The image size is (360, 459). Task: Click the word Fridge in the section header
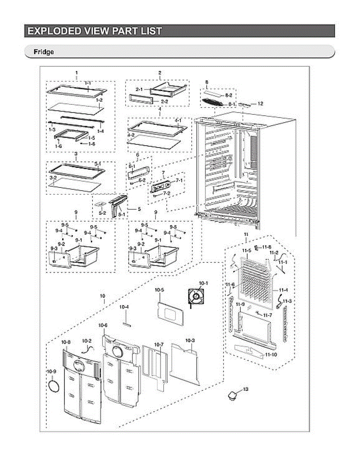click(x=44, y=52)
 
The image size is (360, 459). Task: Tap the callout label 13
click(x=245, y=389)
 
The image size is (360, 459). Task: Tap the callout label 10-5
click(x=159, y=290)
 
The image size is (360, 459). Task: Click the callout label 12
click(x=260, y=103)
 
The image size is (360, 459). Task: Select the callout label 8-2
click(x=229, y=94)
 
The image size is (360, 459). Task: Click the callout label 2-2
click(x=165, y=101)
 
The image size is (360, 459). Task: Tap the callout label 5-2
click(x=102, y=213)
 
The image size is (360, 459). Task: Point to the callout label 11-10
click(x=270, y=355)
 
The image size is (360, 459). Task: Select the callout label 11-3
click(x=287, y=301)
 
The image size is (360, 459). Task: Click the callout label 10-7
click(x=159, y=345)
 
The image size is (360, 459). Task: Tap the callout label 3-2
click(x=53, y=178)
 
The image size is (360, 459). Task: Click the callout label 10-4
click(x=124, y=307)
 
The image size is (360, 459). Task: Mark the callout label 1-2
click(x=99, y=100)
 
